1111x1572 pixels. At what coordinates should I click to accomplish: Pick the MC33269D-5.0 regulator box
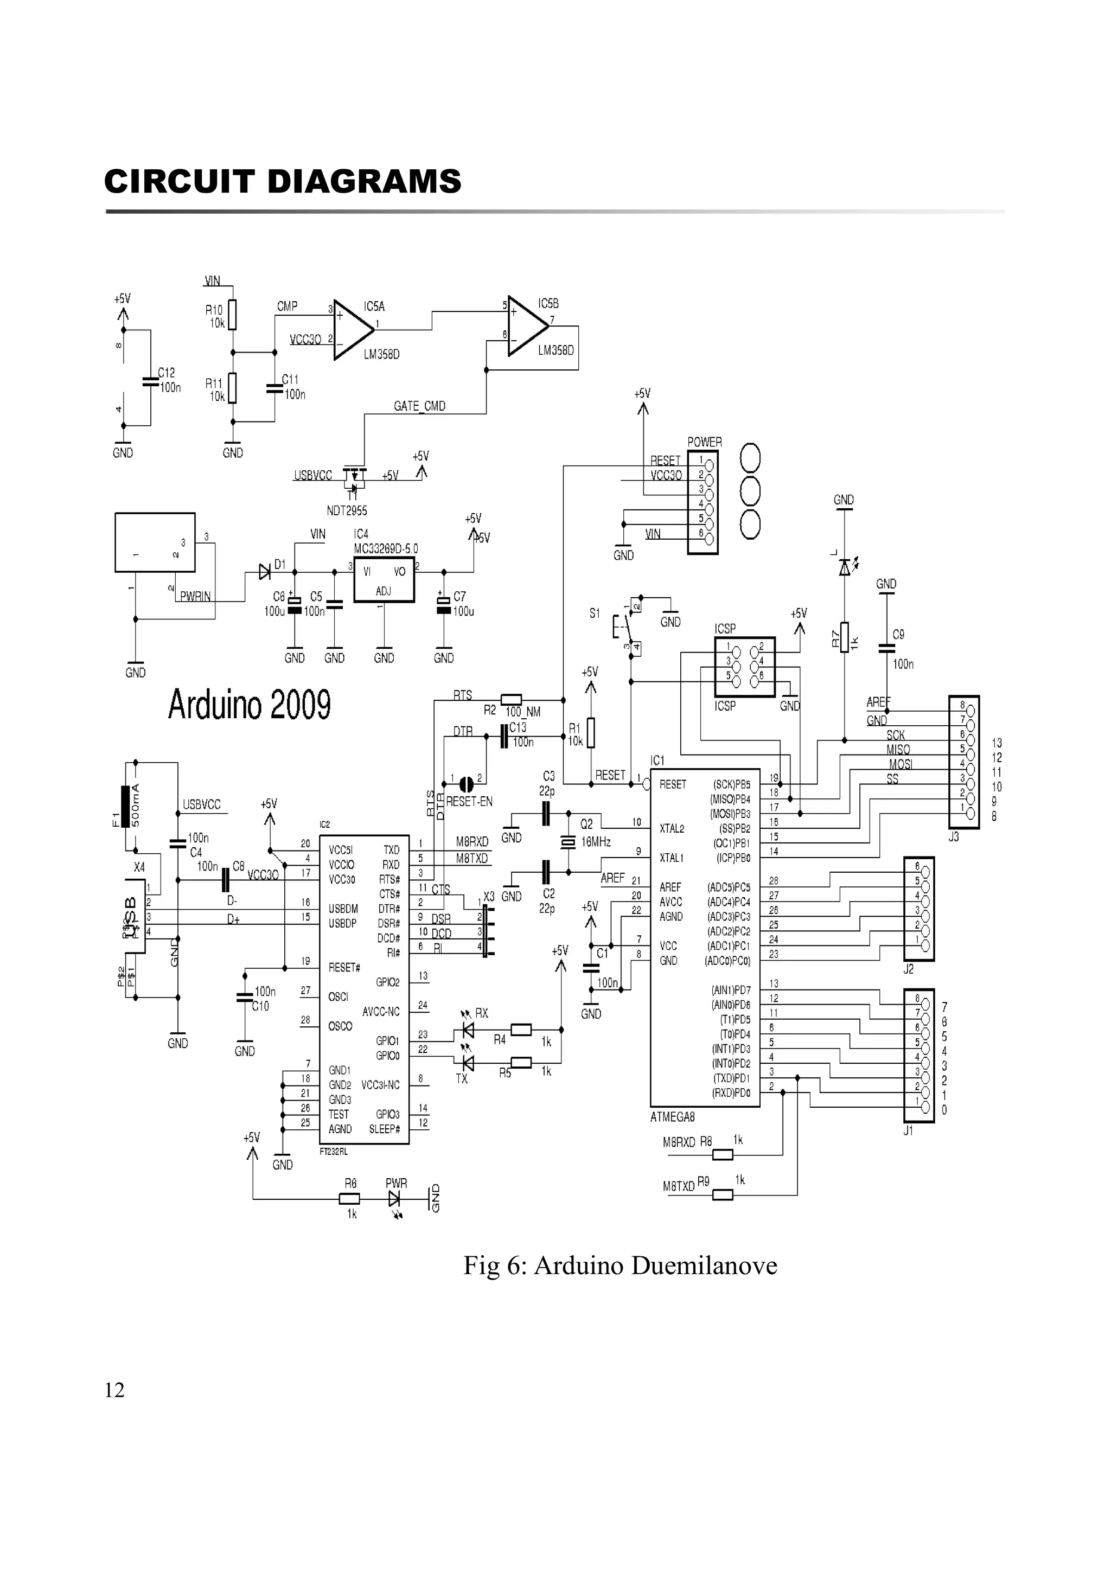click(x=384, y=579)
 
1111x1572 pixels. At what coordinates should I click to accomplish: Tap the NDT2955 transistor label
click(x=347, y=511)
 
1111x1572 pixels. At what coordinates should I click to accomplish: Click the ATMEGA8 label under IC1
click(x=672, y=1117)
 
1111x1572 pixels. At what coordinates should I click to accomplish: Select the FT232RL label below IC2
click(x=334, y=1152)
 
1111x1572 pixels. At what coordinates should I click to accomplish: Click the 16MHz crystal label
click(x=596, y=842)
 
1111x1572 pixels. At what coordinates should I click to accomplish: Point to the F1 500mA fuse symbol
click(x=125, y=807)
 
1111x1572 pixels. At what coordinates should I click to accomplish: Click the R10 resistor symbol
click(x=233, y=315)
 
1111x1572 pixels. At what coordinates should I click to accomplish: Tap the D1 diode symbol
click(x=264, y=572)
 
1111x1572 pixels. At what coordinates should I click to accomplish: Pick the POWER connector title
click(x=704, y=442)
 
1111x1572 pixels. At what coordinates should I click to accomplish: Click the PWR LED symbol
click(x=394, y=1198)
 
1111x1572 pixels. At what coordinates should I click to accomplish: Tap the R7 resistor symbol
click(x=845, y=637)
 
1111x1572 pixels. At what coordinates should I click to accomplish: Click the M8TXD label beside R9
click(x=679, y=1186)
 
